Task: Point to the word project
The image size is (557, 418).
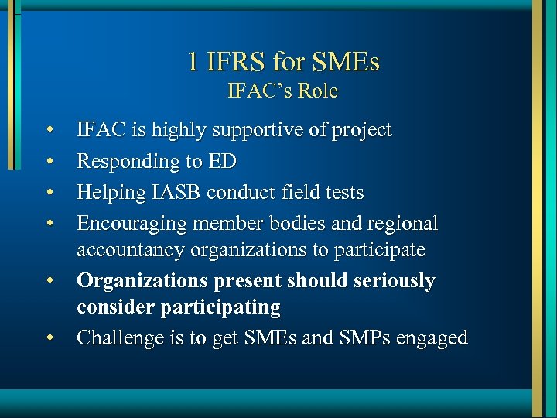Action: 361,131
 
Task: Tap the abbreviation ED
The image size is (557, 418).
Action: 223,161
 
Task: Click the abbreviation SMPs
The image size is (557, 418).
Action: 358,337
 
